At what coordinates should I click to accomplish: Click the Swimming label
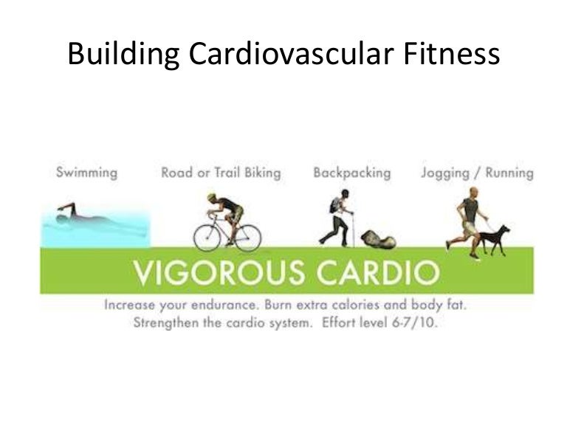[x=86, y=173]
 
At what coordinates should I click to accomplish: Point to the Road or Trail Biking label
[x=221, y=173]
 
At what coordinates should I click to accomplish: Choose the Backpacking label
[x=351, y=173]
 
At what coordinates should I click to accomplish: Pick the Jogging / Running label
[x=477, y=173]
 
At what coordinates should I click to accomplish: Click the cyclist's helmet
[x=212, y=198]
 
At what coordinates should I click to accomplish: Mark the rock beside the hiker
[x=378, y=239]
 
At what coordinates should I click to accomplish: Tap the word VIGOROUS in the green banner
[x=213, y=273]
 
